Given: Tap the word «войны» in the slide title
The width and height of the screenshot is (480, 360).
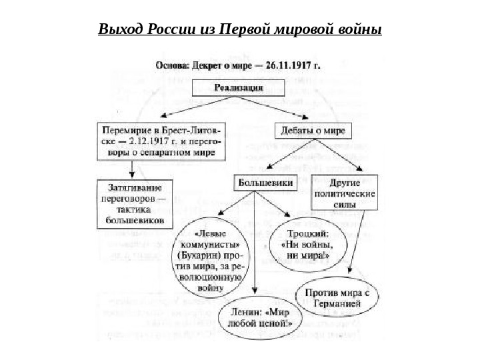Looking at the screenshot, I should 359,31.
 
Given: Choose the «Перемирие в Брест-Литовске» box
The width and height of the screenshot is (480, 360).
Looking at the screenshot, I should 162,141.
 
